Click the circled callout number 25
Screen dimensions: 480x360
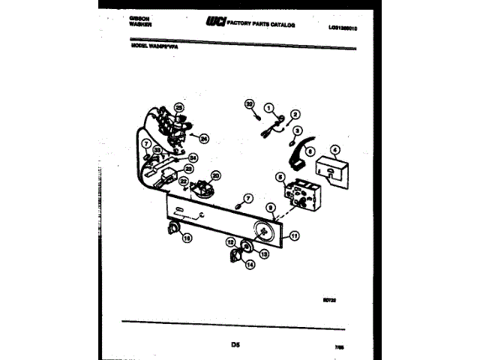coord(178,107)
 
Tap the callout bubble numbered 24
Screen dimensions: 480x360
coord(203,137)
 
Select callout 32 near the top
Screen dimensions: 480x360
coord(250,103)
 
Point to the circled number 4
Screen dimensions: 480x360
coord(334,149)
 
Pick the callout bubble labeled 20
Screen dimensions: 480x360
coord(216,175)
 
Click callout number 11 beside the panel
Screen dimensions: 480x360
coord(294,235)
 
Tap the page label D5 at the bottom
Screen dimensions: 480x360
coord(235,344)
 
